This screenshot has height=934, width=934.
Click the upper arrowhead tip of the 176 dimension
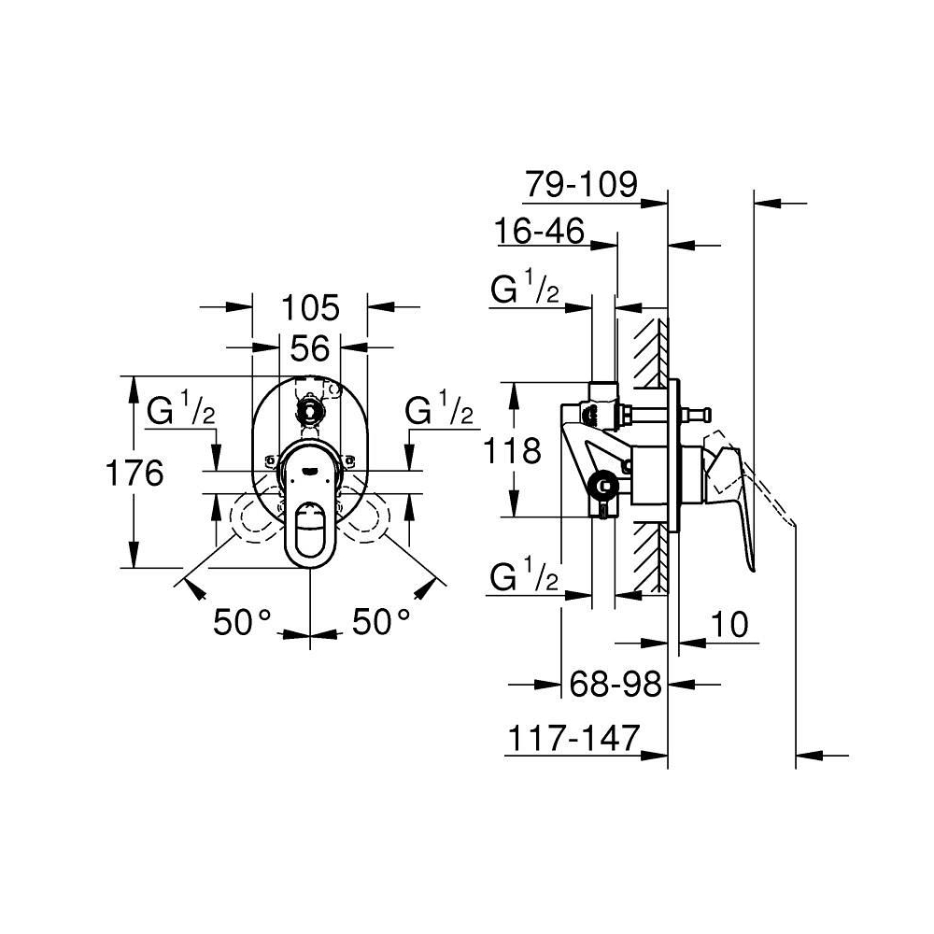coord(135,376)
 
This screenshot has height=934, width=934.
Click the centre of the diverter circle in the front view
coord(309,409)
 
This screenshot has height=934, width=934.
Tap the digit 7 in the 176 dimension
coord(134,474)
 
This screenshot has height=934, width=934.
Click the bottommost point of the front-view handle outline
coord(310,567)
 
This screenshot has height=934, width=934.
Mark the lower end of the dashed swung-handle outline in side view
coord(795,525)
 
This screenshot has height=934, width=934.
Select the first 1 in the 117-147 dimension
coord(514,738)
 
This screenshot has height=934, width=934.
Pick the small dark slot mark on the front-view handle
coord(310,469)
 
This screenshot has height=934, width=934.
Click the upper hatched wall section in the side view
coord(650,352)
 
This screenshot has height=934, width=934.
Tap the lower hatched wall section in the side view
coord(650,557)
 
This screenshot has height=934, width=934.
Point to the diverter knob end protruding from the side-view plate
coord(704,412)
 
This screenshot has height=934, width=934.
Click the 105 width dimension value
coord(310,308)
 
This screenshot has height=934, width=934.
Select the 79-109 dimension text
coord(581,184)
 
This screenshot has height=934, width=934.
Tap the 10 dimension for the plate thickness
coord(729,624)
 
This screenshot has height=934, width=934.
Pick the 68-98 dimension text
coord(616,684)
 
